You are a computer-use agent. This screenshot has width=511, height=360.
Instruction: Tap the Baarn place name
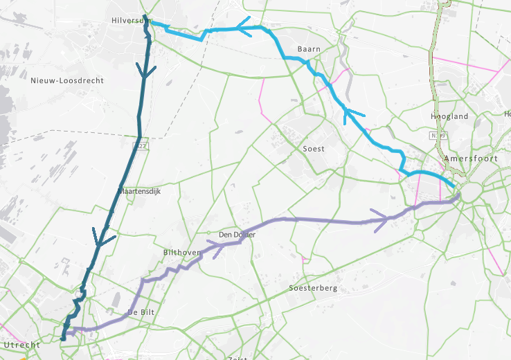[x=309, y=49]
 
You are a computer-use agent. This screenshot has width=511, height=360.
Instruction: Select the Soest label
[x=314, y=149]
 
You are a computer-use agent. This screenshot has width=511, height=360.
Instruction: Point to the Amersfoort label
[x=472, y=159]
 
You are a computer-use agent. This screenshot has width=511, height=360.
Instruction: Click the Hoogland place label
[x=449, y=117]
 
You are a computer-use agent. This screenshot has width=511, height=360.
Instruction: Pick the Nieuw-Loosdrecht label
[x=67, y=80]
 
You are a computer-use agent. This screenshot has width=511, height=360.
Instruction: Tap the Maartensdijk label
[x=140, y=192]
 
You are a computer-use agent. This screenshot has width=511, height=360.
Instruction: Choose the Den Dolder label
[x=237, y=235]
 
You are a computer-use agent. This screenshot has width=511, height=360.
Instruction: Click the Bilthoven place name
[x=181, y=253]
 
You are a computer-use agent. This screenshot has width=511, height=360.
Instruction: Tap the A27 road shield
[x=141, y=146]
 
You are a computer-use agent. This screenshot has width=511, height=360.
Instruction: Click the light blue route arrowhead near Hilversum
[x=243, y=28]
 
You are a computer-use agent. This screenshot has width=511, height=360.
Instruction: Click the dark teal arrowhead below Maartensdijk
[x=102, y=240]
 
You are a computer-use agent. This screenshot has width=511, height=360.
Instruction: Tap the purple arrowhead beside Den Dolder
[x=215, y=249]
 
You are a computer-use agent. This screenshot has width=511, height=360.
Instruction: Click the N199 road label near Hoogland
[x=438, y=137]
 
